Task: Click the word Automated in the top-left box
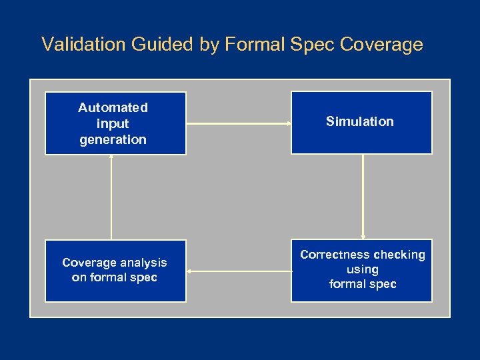click(x=113, y=107)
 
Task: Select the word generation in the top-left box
click(x=113, y=139)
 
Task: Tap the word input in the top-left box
click(x=113, y=123)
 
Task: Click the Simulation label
click(x=360, y=121)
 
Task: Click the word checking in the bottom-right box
click(x=399, y=255)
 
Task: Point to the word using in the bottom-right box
click(x=363, y=269)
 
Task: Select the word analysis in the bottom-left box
click(x=141, y=263)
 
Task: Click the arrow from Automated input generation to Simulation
click(x=238, y=123)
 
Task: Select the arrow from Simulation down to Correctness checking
click(x=363, y=197)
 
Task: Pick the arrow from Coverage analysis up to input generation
click(x=111, y=197)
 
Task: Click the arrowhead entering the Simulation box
click(x=288, y=123)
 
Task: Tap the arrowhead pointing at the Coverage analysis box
click(x=189, y=271)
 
